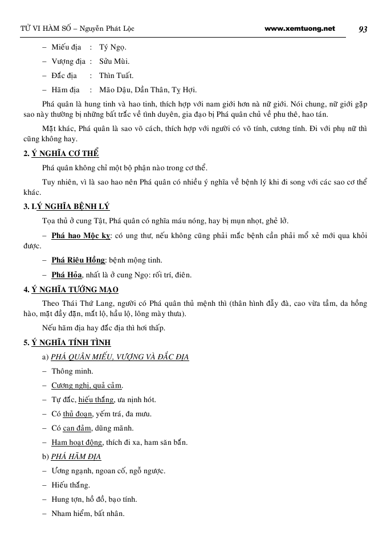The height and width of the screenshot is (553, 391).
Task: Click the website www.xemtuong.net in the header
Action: pyautogui.click(x=300, y=28)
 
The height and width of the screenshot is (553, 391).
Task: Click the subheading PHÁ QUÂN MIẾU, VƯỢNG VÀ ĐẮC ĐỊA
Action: pyautogui.click(x=120, y=357)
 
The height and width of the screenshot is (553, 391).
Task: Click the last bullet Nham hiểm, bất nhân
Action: pyautogui.click(x=88, y=514)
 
